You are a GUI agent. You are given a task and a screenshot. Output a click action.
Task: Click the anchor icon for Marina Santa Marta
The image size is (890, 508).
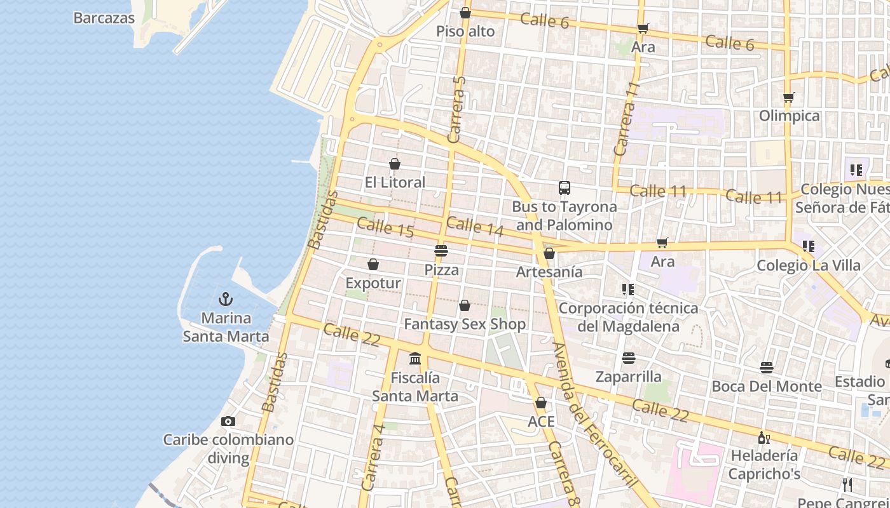[x=225, y=298]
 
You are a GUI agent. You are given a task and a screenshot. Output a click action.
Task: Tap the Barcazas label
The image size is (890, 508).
[x=104, y=18]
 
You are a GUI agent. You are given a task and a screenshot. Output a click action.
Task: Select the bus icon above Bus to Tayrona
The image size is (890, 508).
[x=565, y=187]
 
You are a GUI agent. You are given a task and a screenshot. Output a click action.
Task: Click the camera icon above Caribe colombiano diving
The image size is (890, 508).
[x=228, y=421]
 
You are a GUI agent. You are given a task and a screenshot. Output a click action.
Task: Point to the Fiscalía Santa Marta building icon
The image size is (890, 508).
[x=415, y=359]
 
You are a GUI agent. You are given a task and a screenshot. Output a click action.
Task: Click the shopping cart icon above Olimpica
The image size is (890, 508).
[x=789, y=97]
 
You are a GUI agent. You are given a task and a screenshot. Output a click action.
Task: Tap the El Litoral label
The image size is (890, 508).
[x=395, y=182]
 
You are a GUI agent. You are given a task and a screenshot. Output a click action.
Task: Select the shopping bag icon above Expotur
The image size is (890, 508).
[x=373, y=264]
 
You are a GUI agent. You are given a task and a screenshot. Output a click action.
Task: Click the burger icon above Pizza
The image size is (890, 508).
[x=441, y=250]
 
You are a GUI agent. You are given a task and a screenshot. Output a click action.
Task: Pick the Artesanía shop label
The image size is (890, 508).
[x=549, y=272]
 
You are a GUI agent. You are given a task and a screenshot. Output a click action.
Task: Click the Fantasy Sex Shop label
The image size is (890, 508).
[x=465, y=324]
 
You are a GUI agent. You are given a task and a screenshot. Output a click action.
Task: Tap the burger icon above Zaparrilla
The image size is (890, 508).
[x=629, y=358]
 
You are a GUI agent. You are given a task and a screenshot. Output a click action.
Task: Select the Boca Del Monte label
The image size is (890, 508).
[x=767, y=386]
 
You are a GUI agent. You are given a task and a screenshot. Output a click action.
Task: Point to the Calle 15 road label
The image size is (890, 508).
[x=385, y=227]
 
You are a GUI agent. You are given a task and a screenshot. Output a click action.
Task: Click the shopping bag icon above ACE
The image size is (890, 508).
[x=541, y=403]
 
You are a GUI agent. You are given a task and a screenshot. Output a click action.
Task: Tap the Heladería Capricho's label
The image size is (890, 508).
[x=764, y=464]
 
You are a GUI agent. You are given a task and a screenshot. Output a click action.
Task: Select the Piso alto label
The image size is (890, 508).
[x=465, y=31]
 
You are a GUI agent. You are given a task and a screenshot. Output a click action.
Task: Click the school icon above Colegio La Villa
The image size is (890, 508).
[x=808, y=246]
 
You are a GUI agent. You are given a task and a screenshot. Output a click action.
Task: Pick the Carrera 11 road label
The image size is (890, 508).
[x=625, y=119]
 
